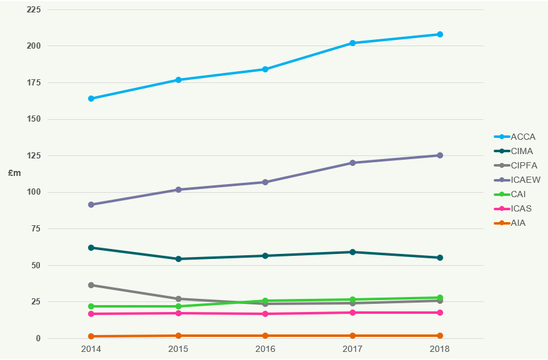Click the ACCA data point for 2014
click(91, 99)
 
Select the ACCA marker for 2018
click(440, 34)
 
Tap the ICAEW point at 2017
click(353, 163)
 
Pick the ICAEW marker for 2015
click(179, 190)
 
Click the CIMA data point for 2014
click(91, 248)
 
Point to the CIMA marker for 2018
click(440, 258)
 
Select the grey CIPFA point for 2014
click(91, 285)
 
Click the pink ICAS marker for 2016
click(265, 314)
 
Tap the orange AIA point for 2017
click(353, 336)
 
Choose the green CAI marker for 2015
click(179, 306)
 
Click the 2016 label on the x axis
click(265, 349)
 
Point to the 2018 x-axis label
click(440, 349)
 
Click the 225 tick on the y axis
click(34, 10)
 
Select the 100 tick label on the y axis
click(34, 192)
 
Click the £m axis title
click(14, 173)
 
